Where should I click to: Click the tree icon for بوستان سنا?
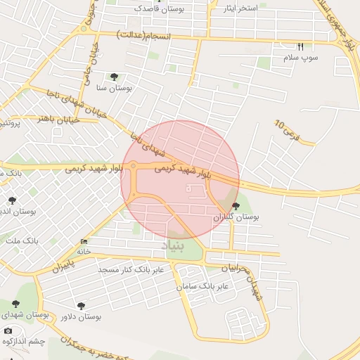coord(114,77)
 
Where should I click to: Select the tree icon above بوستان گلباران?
coord(235,206)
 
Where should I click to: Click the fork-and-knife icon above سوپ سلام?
coord(301,46)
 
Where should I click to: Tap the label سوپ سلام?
coord(302,57)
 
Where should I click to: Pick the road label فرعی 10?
coord(287,130)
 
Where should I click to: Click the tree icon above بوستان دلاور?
coord(81,306)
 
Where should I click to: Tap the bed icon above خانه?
coord(84,241)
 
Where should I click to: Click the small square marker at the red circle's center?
coord(187,188)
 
